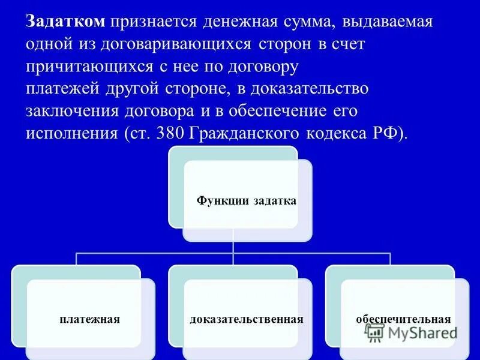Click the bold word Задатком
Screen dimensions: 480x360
pos(65,22)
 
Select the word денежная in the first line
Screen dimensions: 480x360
pos(238,22)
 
